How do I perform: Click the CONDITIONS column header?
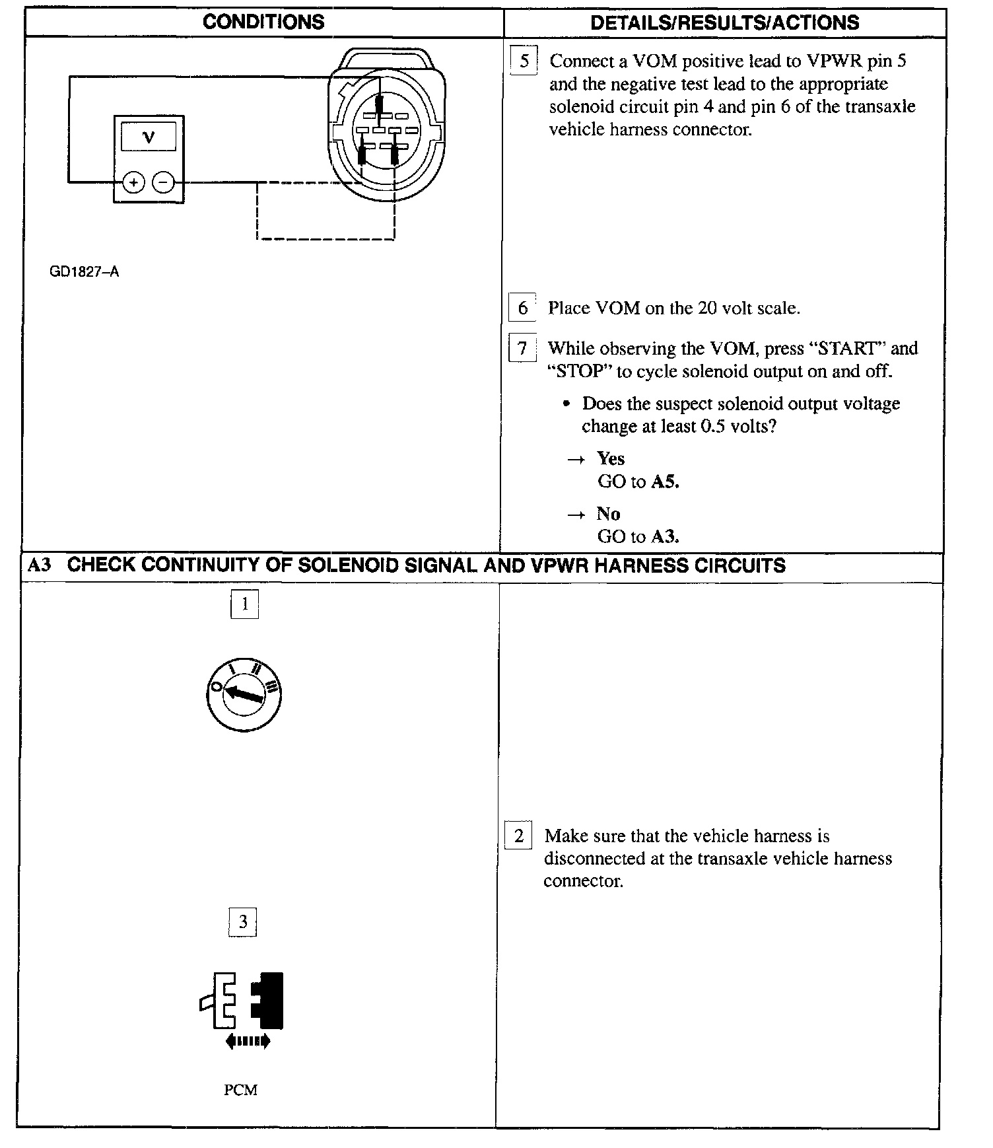click(263, 22)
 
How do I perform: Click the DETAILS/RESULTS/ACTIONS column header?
click(724, 22)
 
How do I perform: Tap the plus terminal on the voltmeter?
click(133, 182)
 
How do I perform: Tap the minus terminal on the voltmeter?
click(164, 182)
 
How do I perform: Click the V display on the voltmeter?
click(149, 137)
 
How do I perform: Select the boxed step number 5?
click(524, 61)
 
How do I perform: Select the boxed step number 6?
click(522, 308)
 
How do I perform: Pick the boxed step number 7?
click(522, 348)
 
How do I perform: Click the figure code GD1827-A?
click(85, 272)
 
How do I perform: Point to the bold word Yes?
click(611, 458)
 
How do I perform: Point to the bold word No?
click(608, 513)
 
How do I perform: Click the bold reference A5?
click(665, 482)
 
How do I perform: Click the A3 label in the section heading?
click(40, 565)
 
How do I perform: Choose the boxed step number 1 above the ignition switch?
click(244, 604)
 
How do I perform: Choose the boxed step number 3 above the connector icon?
click(242, 922)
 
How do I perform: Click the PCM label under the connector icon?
click(240, 1090)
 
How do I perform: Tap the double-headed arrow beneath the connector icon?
click(248, 1042)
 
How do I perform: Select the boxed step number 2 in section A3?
click(519, 836)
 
